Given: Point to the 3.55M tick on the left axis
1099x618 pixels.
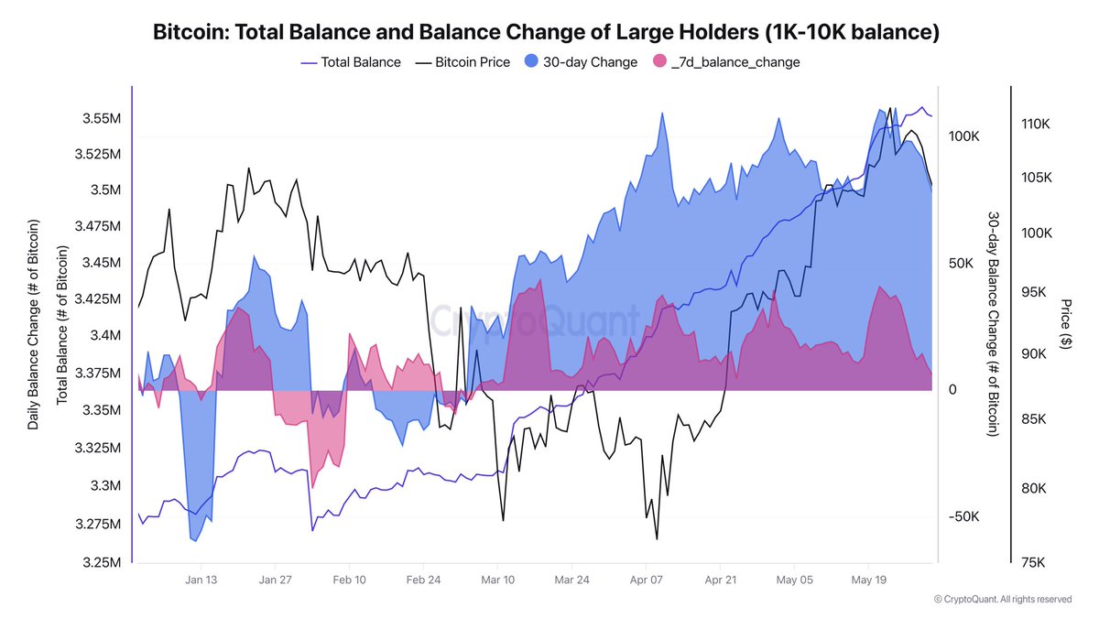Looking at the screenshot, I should click(101, 119).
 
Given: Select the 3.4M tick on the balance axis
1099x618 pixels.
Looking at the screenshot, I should click(103, 336).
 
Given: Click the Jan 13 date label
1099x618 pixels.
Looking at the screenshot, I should click(201, 580).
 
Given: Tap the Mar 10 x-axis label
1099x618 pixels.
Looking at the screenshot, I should click(498, 580).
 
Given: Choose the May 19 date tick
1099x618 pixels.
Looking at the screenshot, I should click(869, 580).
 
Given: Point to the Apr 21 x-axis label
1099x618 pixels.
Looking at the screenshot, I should click(721, 580).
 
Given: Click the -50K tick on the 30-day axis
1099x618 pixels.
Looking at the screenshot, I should click(963, 516).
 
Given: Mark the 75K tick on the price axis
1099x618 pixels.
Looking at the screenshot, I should click(1033, 562).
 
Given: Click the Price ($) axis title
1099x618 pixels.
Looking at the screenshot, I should click(1065, 323).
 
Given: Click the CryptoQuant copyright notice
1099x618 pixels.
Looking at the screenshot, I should click(1002, 600).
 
